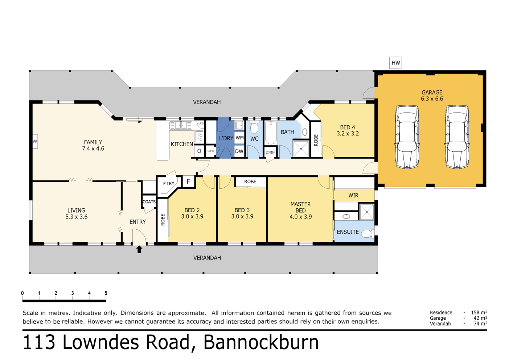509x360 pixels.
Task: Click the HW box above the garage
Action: [x=395, y=63]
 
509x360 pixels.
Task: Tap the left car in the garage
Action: [x=407, y=137]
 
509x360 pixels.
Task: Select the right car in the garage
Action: [x=457, y=137]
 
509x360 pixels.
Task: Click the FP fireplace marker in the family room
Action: [x=35, y=142]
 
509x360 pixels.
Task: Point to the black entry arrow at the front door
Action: [x=139, y=249]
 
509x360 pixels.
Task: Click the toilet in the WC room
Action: [x=254, y=128]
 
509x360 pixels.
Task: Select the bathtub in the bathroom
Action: [x=271, y=133]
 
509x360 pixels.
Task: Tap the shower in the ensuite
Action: [x=366, y=212]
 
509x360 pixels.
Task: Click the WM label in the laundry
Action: [x=239, y=138]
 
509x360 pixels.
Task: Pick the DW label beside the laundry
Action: [x=239, y=151]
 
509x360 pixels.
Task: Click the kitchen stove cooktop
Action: [x=199, y=136]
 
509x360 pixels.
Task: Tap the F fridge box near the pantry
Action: [x=188, y=181]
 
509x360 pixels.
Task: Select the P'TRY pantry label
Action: [x=169, y=183]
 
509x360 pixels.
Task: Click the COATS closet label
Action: [x=149, y=202]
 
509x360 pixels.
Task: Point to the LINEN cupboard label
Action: [x=270, y=152]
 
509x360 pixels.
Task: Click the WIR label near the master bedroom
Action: [x=353, y=195]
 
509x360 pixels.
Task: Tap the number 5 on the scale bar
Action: [x=106, y=293]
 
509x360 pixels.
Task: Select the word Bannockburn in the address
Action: [x=261, y=342]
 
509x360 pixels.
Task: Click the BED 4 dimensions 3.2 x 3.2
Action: [x=348, y=134]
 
